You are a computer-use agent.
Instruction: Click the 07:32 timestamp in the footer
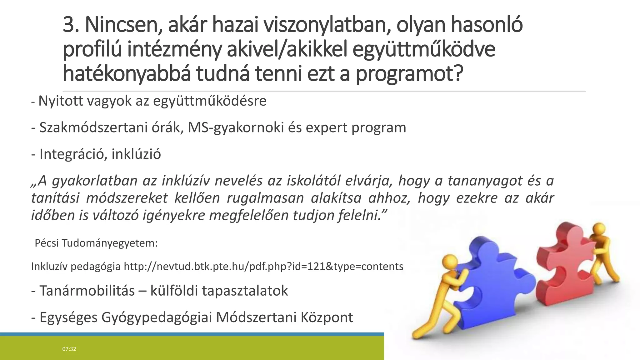(69, 349)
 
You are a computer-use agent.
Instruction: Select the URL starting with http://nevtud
(263, 267)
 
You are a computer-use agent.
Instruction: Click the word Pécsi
(47, 243)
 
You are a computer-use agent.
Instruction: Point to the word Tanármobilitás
(87, 291)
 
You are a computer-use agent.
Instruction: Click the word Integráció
(73, 154)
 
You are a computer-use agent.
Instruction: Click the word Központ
(327, 317)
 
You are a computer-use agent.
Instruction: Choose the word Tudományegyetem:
(110, 243)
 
